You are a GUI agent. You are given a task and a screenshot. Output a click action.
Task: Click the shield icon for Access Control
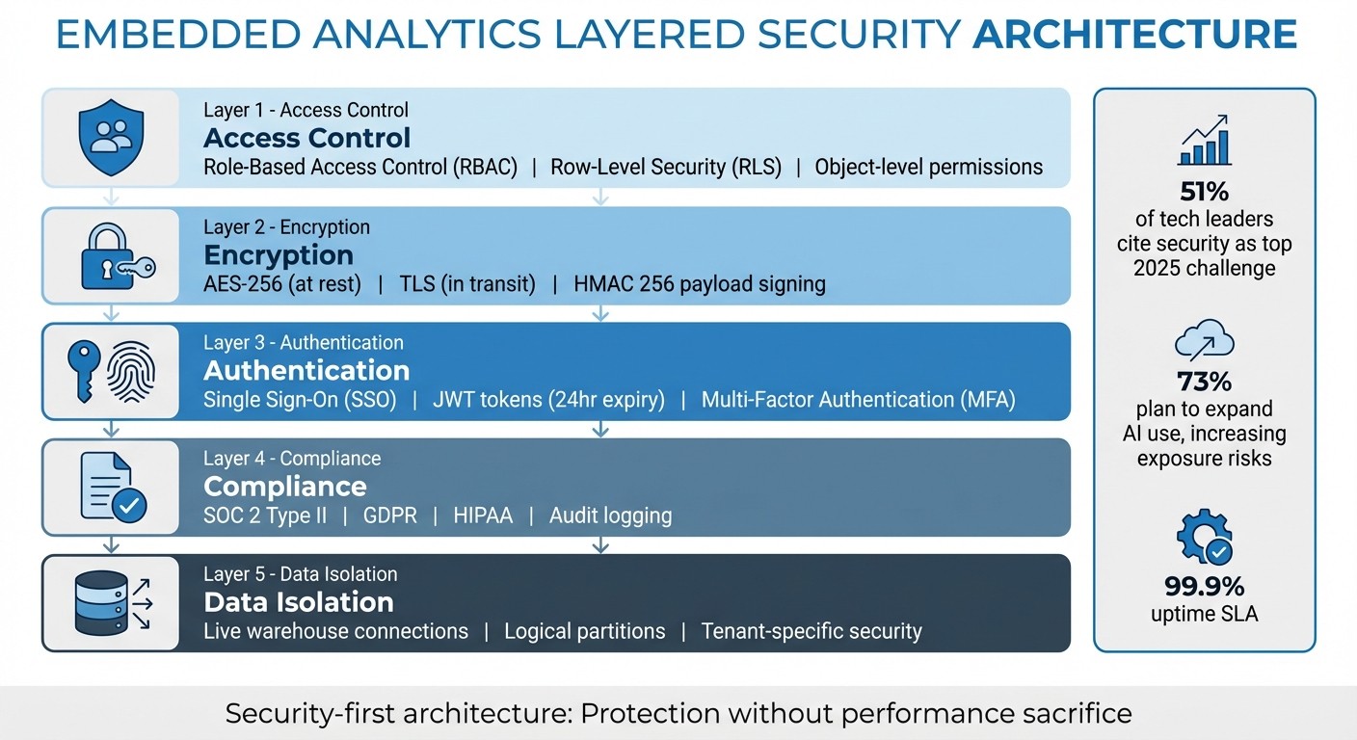click(x=110, y=137)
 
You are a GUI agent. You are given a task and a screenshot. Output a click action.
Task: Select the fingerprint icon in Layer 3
click(x=129, y=372)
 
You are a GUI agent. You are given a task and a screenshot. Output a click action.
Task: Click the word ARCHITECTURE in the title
click(x=1134, y=36)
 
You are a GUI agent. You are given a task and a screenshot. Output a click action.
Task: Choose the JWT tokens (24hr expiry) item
click(x=548, y=399)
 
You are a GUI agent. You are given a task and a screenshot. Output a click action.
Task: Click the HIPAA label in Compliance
click(x=483, y=515)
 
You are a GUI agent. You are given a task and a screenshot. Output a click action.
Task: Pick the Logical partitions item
click(x=584, y=631)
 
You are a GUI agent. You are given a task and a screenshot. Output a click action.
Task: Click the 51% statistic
click(x=1204, y=191)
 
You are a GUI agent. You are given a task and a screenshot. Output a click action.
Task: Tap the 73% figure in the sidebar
click(x=1204, y=381)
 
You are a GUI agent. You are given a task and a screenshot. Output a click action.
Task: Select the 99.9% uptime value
click(x=1204, y=586)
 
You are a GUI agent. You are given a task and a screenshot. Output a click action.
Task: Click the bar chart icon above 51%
click(x=1204, y=142)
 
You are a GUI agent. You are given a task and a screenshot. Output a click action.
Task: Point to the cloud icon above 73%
click(x=1204, y=341)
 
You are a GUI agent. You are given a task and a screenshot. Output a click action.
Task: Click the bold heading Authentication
click(x=306, y=371)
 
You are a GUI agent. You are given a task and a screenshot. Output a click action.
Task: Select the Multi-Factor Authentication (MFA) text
click(x=858, y=399)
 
